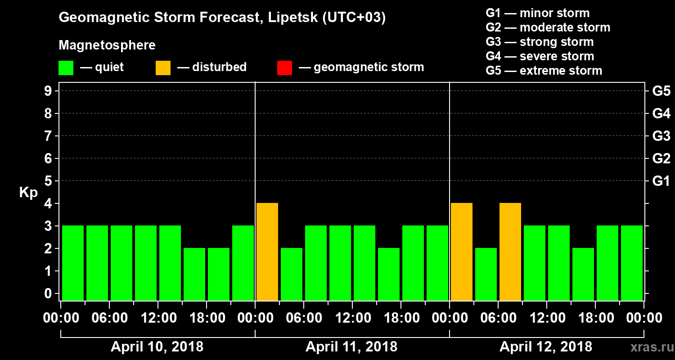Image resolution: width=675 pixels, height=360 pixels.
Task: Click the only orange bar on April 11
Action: coord(267,252)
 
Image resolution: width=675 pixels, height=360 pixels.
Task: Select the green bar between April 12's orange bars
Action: coord(486,274)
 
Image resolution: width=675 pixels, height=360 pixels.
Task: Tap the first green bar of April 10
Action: coord(73,263)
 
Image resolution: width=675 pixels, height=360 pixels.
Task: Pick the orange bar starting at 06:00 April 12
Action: coord(510,252)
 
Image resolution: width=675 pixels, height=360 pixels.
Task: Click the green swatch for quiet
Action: coord(66,68)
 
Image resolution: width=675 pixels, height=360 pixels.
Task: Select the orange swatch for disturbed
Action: coord(163,68)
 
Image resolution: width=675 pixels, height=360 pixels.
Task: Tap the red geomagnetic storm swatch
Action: coord(284,68)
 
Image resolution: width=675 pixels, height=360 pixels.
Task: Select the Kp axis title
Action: coord(28,193)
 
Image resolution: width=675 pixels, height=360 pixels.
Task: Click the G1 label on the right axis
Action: coord(661,181)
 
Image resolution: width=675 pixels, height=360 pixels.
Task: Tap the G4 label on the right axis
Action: coord(661,113)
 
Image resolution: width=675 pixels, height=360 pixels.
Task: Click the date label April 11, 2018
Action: coord(351,347)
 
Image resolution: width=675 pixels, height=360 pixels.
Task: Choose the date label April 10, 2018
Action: coord(157,347)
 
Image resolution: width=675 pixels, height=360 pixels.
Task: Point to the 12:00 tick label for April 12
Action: coord(547,318)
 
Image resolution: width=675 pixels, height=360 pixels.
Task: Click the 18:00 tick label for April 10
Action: coord(207,318)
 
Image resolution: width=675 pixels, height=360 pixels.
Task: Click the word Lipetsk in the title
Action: coord(292,18)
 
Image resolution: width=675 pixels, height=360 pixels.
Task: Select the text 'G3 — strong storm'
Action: coord(540,42)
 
